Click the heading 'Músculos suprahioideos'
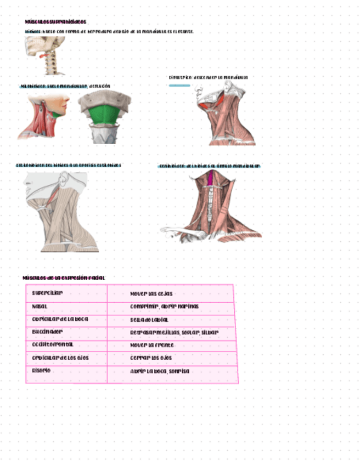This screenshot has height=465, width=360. click(x=55, y=22)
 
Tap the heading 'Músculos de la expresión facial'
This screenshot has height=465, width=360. click(x=64, y=278)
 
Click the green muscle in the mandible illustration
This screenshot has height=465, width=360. click(x=104, y=115)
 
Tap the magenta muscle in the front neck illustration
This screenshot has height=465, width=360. click(x=211, y=178)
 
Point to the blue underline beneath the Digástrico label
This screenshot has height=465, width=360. click(x=179, y=85)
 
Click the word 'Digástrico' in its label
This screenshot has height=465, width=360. click(x=179, y=77)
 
